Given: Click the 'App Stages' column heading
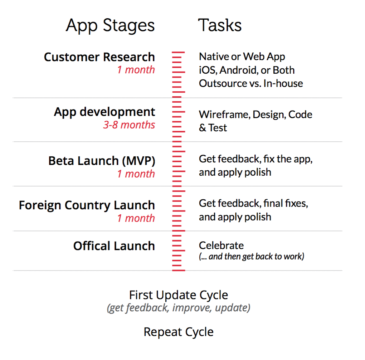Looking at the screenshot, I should pyautogui.click(x=110, y=26).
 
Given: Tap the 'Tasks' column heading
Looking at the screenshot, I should pyautogui.click(x=220, y=25).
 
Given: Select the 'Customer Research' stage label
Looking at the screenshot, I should pyautogui.click(x=99, y=57).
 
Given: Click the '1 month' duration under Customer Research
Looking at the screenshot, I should pyautogui.click(x=136, y=70).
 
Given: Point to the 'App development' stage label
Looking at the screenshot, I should pyautogui.click(x=104, y=112).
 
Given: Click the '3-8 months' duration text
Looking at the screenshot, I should pyautogui.click(x=129, y=125).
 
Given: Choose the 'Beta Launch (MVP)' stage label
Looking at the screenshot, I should pyautogui.click(x=102, y=161).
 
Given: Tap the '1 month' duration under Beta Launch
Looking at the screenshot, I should pyautogui.click(x=136, y=174).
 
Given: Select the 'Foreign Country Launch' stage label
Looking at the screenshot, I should pyautogui.click(x=87, y=205).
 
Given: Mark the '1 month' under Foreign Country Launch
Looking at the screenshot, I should pyautogui.click(x=136, y=218).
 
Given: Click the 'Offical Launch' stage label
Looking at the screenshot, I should pyautogui.click(x=114, y=246).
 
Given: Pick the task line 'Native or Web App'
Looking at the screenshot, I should pyautogui.click(x=242, y=57).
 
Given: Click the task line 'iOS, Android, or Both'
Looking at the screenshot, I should pyautogui.click(x=247, y=70).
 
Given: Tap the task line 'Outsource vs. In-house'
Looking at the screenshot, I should pyautogui.click(x=251, y=83).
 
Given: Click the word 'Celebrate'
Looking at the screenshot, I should pyautogui.click(x=221, y=245).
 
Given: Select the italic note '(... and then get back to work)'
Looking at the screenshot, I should pyautogui.click(x=251, y=257).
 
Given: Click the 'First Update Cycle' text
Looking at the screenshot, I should pyautogui.click(x=179, y=295).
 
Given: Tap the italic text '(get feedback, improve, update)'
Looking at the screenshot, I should pyautogui.click(x=179, y=308).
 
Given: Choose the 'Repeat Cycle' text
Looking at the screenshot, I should pyautogui.click(x=179, y=332).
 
